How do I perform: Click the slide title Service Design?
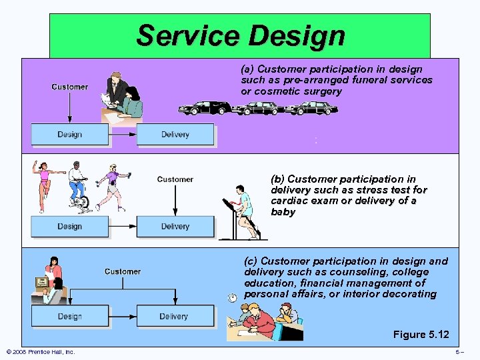click(240, 35)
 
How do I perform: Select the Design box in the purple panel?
click(69, 135)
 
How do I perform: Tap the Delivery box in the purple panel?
click(175, 135)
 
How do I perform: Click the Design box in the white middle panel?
click(69, 227)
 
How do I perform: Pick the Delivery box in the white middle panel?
click(175, 227)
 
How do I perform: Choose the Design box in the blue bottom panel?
click(69, 316)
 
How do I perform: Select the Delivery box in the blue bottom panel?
click(175, 316)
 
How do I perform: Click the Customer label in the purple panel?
click(69, 87)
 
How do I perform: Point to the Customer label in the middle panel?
click(175, 179)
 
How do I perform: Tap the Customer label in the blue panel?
click(123, 271)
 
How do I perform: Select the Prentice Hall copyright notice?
click(40, 352)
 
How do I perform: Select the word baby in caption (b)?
click(283, 212)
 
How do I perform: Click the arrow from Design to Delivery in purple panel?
click(123, 135)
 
